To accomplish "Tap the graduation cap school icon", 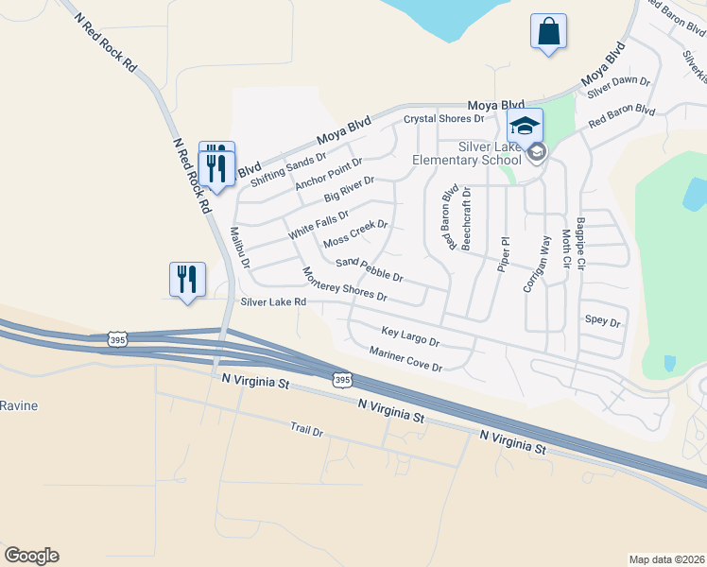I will (x=526, y=125).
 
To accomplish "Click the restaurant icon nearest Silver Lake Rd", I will (x=186, y=280).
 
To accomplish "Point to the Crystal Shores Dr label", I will (x=443, y=119).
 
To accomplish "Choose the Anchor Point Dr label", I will (x=328, y=168).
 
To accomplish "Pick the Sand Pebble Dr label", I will (x=370, y=269).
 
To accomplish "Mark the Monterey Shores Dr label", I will (x=344, y=284).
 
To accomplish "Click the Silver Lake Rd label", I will (x=273, y=302).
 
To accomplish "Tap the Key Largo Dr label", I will (x=410, y=335).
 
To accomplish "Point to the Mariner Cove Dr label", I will (x=405, y=358).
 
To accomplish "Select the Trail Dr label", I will (x=306, y=431).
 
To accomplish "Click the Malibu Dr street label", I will (x=237, y=248).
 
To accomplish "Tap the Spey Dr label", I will (x=602, y=322).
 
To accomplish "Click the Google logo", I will (x=31, y=556).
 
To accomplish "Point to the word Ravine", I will (x=18, y=405).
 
